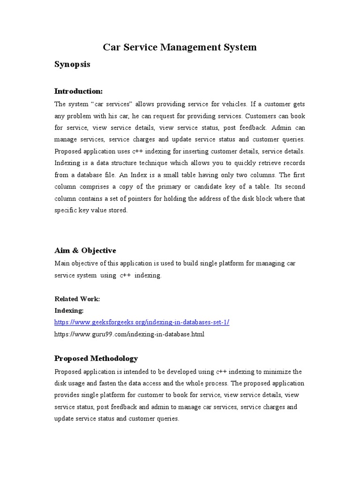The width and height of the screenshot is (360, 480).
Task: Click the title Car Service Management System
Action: coord(180,47)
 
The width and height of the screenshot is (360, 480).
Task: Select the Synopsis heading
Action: coord(72,64)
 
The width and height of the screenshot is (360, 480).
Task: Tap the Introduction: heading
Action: coord(78,90)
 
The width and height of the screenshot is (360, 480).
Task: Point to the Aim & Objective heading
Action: coord(85,250)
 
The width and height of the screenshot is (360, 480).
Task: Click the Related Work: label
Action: coord(77,299)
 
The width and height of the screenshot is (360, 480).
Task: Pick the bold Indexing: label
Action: coord(69,310)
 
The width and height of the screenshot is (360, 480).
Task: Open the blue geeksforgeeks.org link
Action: coord(142,322)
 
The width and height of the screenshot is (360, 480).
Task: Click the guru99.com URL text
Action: coord(129,334)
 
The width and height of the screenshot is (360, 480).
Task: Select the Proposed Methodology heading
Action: coord(96,359)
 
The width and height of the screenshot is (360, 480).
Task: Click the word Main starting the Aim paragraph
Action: coord(62,263)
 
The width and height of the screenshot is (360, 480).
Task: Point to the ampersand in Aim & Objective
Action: coord(74,250)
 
